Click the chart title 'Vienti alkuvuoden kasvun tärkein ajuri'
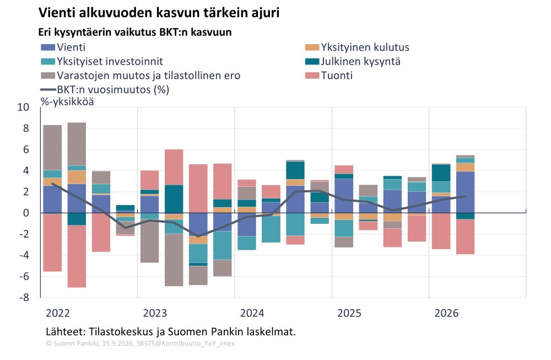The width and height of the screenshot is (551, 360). (x=159, y=13)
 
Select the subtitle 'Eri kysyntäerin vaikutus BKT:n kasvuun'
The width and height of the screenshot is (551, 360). (x=135, y=33)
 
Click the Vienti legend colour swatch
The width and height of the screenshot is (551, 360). (x=48, y=47)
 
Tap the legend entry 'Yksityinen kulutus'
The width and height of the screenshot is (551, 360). (x=357, y=47)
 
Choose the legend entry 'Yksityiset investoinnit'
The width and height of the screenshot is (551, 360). (x=102, y=62)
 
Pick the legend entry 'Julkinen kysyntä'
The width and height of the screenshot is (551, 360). (x=353, y=62)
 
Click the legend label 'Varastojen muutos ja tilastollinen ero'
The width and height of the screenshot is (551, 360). (x=149, y=76)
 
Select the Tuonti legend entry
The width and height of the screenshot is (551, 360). (x=329, y=76)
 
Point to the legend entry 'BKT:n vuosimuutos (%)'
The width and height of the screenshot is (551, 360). (x=105, y=90)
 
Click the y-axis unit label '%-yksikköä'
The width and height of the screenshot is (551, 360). (x=67, y=102)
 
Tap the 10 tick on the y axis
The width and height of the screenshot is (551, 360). (x=23, y=107)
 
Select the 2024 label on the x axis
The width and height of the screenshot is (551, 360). (x=252, y=313)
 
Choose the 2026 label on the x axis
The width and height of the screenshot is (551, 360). (x=446, y=313)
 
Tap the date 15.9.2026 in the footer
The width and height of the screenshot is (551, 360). (x=118, y=343)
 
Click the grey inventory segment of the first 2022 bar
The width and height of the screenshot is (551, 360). (x=52, y=148)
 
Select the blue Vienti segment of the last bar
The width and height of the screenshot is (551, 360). (x=465, y=192)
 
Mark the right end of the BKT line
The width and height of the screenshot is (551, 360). (x=466, y=196)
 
